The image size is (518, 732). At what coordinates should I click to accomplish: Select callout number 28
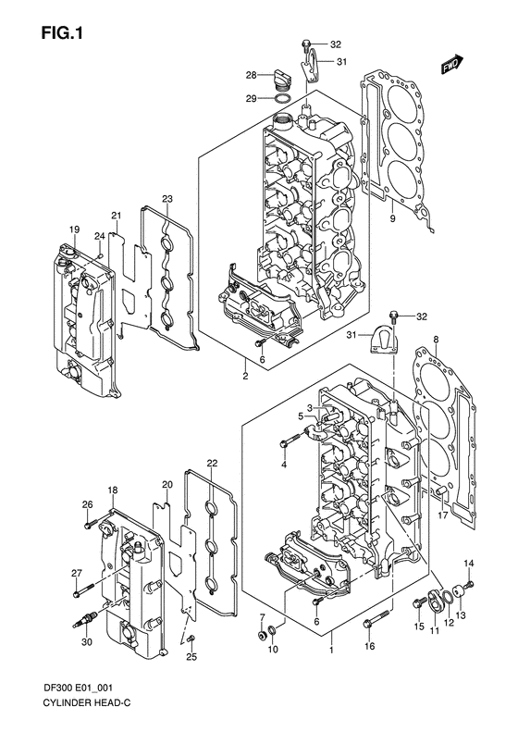pyautogui.click(x=251, y=74)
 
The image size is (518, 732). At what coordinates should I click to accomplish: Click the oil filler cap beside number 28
pyautogui.click(x=282, y=77)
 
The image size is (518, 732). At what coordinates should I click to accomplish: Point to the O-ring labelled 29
pyautogui.click(x=285, y=97)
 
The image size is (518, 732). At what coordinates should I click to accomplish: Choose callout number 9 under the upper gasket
pyautogui.click(x=392, y=218)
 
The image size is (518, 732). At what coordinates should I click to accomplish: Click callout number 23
pyautogui.click(x=167, y=199)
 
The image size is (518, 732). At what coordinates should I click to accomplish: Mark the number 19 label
pyautogui.click(x=72, y=230)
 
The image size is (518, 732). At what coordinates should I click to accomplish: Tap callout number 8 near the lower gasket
pyautogui.click(x=435, y=341)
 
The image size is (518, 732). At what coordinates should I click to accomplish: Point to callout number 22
pyautogui.click(x=212, y=463)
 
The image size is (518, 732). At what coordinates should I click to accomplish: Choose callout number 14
pyautogui.click(x=468, y=564)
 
